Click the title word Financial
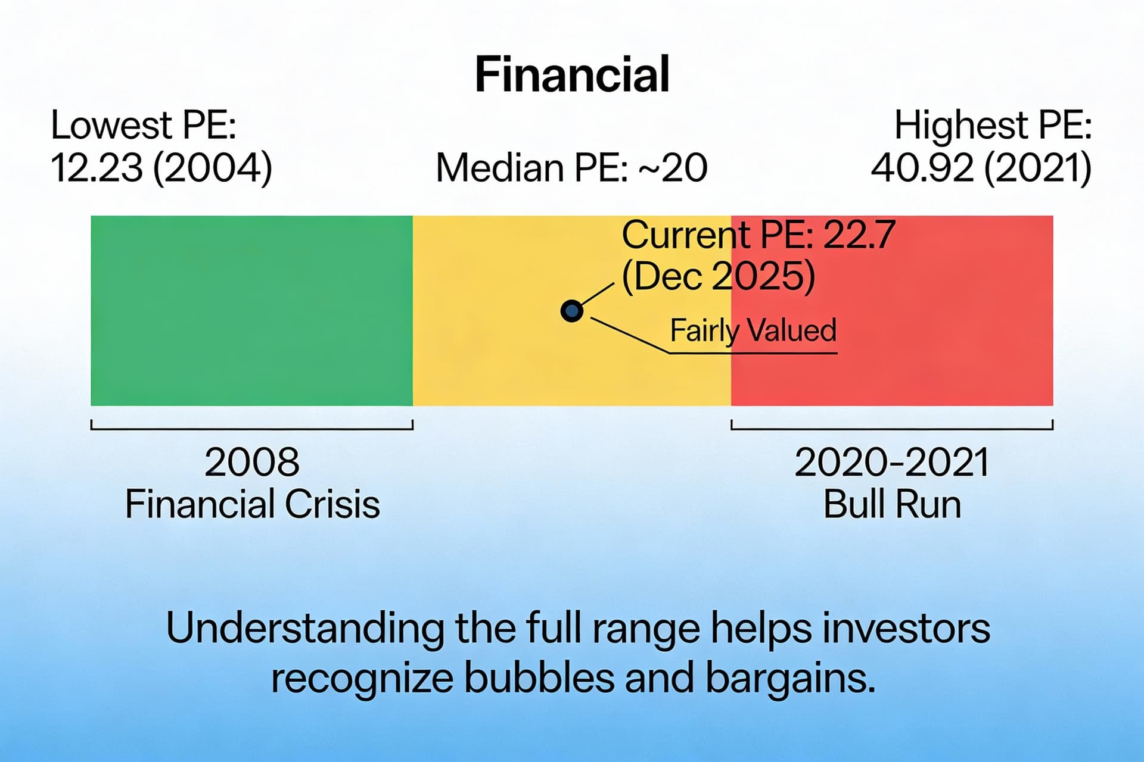pyautogui.click(x=572, y=74)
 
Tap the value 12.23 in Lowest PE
pyautogui.click(x=97, y=168)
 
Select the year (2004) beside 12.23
pyautogui.click(x=212, y=168)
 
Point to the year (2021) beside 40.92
pyautogui.click(x=1037, y=168)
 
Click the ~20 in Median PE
pyautogui.click(x=673, y=168)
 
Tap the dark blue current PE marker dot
pyautogui.click(x=571, y=311)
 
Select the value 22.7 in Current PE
pyautogui.click(x=859, y=235)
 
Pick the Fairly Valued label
pyautogui.click(x=753, y=330)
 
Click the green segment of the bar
pyautogui.click(x=251, y=311)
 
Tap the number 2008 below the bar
pyautogui.click(x=251, y=462)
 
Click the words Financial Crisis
pyautogui.click(x=251, y=504)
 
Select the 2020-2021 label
pyautogui.click(x=891, y=462)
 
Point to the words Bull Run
pyautogui.click(x=891, y=504)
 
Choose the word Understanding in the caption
pyautogui.click(x=304, y=628)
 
